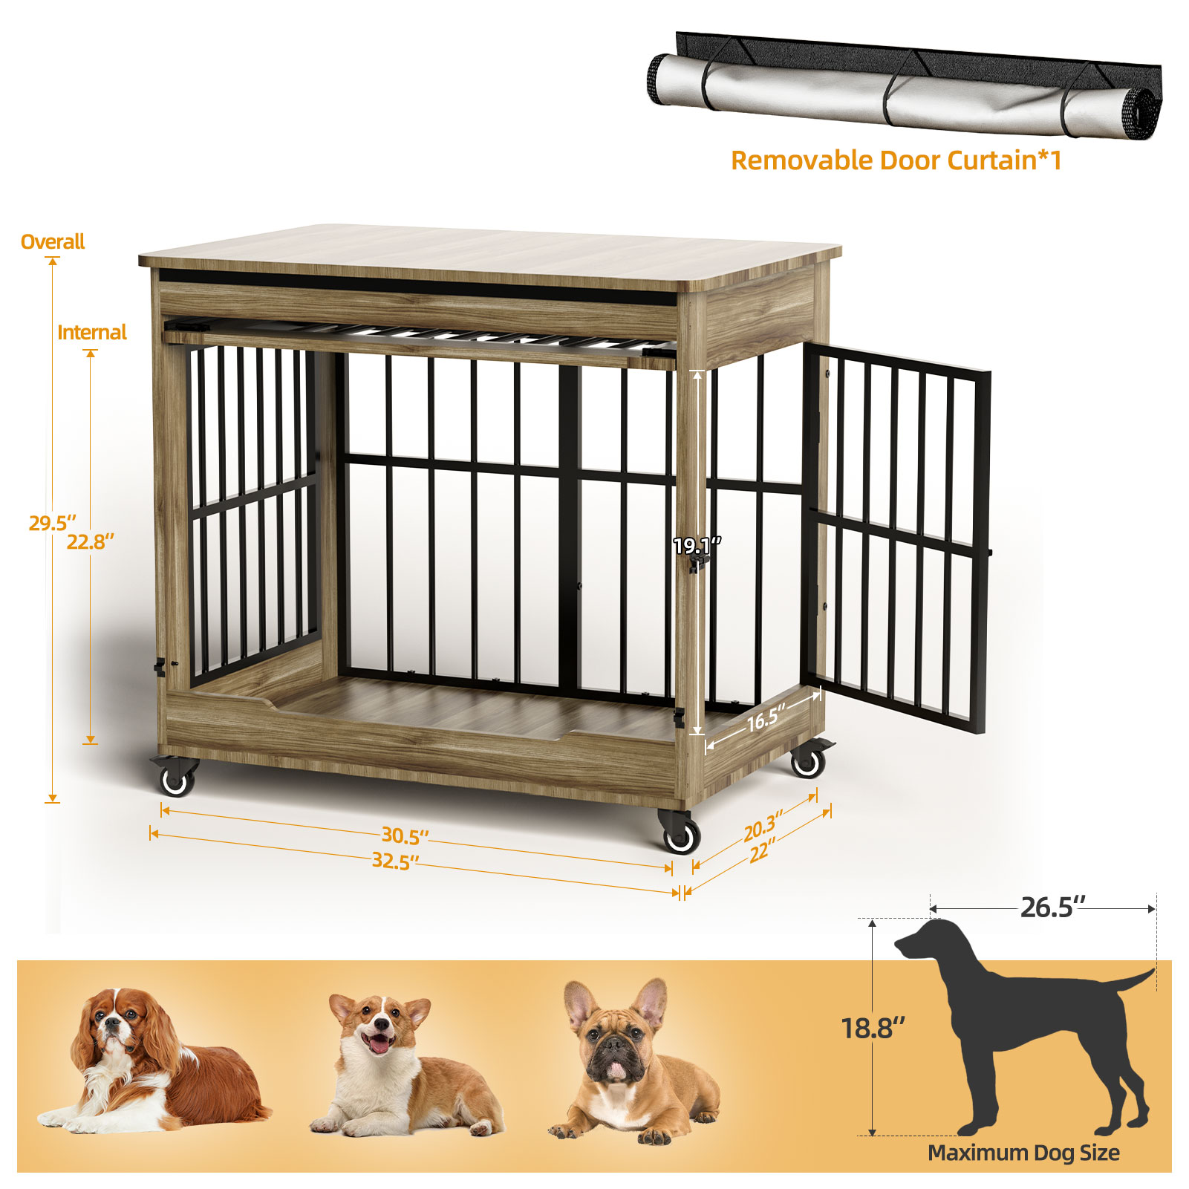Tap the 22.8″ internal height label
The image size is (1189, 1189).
click(91, 541)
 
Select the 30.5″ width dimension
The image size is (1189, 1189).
click(405, 835)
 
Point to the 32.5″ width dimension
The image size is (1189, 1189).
click(395, 861)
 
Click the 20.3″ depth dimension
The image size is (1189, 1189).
click(763, 826)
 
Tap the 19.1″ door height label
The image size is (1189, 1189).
click(697, 546)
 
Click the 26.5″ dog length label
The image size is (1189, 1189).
click(1052, 907)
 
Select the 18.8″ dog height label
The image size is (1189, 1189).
click(873, 1028)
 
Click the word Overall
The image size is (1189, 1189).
click(53, 242)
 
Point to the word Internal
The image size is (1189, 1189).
click(92, 332)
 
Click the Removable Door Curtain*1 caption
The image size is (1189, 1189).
click(896, 160)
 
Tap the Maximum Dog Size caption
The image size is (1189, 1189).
click(1023, 1153)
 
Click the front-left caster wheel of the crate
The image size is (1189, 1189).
click(175, 775)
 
